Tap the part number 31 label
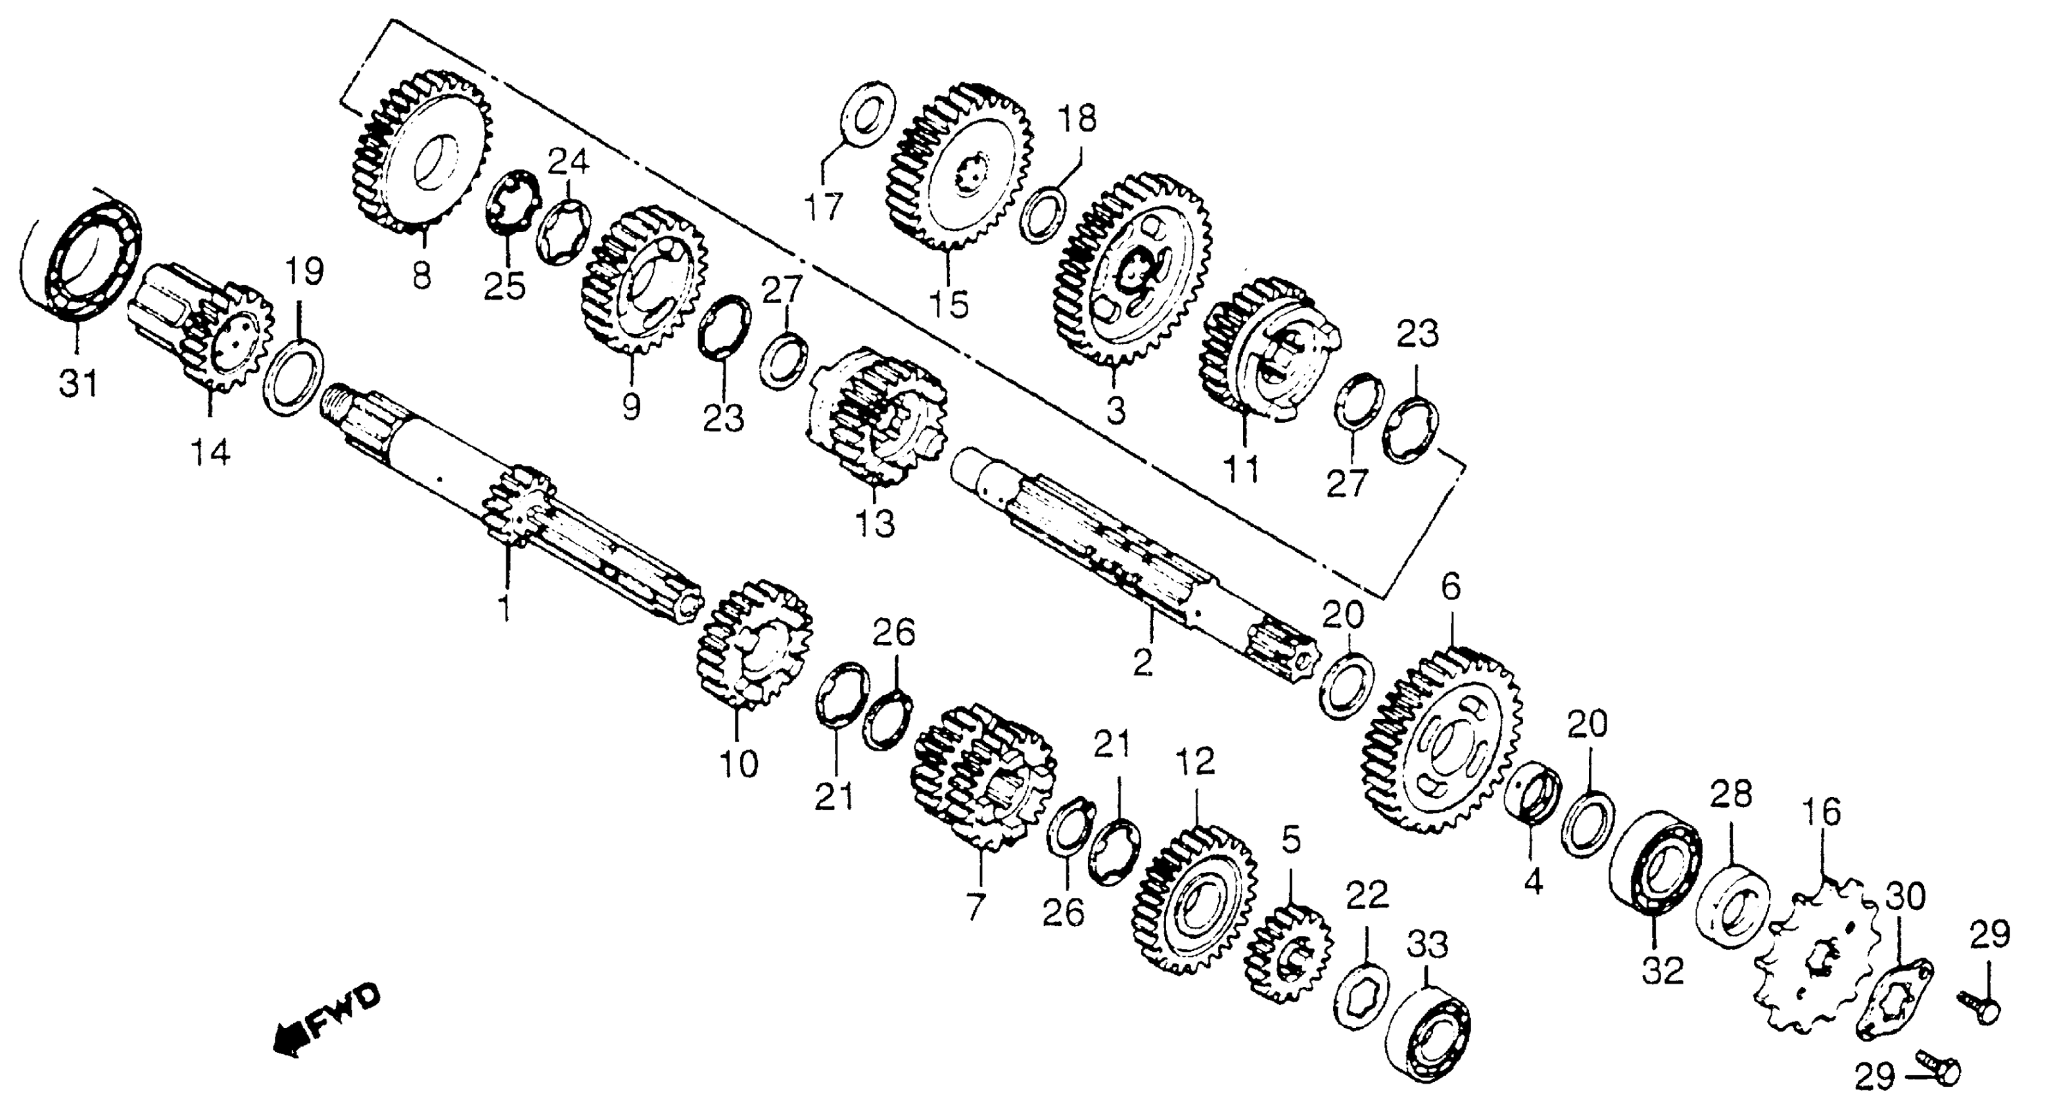click(x=78, y=383)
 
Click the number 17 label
click(x=822, y=208)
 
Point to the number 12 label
click(x=1196, y=762)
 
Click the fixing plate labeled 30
click(x=1897, y=999)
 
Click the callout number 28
click(x=1731, y=796)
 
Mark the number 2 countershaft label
click(x=1142, y=663)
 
